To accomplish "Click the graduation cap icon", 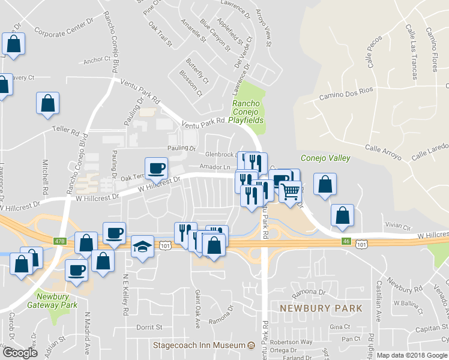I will click(x=142, y=246).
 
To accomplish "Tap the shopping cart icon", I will click(x=290, y=193).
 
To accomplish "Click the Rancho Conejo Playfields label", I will click(x=248, y=112).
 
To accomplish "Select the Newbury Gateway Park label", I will click(x=52, y=301).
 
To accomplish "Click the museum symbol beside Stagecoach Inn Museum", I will click(x=252, y=346).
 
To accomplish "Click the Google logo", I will click(x=20, y=353).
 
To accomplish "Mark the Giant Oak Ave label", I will click(x=197, y=302).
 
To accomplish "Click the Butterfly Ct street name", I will click(x=197, y=71).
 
